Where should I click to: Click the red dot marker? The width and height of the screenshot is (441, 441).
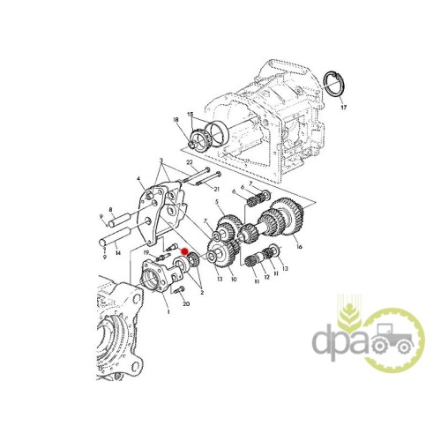184,251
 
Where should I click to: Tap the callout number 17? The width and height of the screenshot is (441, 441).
343,108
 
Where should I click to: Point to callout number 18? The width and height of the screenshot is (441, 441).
176,120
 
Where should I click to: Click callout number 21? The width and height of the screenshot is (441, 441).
217,189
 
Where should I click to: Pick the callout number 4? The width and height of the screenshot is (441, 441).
139,178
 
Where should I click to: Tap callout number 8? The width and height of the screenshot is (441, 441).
110,210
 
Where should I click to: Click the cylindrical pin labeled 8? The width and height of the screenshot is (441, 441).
118,220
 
